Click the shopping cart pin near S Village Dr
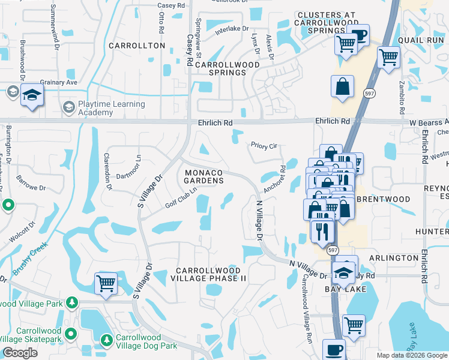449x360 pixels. pos(106,283)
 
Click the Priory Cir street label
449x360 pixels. pos(264,145)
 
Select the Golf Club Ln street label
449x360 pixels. pos(181,197)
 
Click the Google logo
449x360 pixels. pos(20,353)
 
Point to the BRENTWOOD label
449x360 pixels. pos(384,199)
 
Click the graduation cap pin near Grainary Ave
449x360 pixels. pos(32,95)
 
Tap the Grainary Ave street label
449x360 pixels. pos(59,82)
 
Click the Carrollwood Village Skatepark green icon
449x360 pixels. pos(71,333)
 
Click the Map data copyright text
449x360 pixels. pos(411,355)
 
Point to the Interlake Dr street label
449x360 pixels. pos(232,28)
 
